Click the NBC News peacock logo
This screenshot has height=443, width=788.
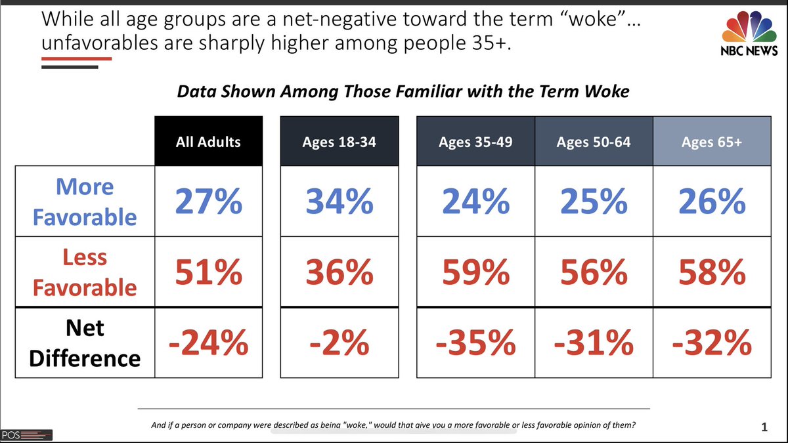(x=749, y=33)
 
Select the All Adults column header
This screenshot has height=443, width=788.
(x=209, y=141)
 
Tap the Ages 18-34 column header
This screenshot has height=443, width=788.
(x=339, y=141)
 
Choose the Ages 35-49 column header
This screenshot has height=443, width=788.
(x=475, y=141)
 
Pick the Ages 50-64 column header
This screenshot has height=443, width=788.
(x=594, y=141)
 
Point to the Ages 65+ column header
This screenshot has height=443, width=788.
(x=712, y=141)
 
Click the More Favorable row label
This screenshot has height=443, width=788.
(x=85, y=201)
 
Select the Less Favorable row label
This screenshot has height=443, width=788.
(x=85, y=272)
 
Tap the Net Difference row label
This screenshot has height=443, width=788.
(x=85, y=343)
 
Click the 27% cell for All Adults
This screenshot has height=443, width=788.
(x=209, y=201)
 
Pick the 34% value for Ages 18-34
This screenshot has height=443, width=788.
(x=339, y=201)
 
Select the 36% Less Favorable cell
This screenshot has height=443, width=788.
(x=339, y=272)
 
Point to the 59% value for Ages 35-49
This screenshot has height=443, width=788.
(x=475, y=272)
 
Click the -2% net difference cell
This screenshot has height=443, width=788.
(x=339, y=343)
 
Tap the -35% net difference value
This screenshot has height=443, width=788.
(x=475, y=343)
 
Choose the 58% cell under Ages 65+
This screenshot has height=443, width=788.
(x=712, y=272)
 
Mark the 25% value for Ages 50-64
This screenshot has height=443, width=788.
(x=594, y=201)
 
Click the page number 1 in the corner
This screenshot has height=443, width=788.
(x=764, y=427)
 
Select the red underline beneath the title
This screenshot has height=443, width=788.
(x=77, y=58)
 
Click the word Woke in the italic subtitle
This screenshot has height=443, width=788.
(x=607, y=91)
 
